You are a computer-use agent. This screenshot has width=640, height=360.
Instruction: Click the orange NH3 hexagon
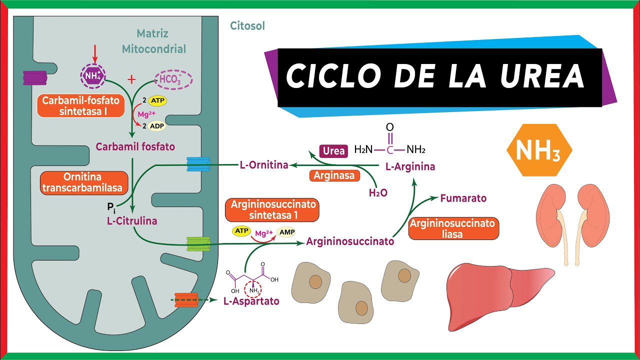539,150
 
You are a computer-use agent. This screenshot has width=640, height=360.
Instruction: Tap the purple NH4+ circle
92,76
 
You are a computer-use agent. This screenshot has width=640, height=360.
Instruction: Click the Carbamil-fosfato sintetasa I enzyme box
80,106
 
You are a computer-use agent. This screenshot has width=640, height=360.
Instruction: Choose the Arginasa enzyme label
334,175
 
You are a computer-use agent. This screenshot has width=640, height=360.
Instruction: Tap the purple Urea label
334,150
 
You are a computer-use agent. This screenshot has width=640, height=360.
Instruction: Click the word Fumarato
463,198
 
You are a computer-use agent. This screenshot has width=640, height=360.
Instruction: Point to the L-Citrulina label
132,220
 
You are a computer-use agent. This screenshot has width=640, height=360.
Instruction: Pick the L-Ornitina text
264,165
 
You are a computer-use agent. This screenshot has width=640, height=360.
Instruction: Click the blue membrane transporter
198,164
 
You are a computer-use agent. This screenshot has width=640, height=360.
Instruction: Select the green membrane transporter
198,244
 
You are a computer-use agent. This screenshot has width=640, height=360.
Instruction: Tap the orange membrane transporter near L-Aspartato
186,300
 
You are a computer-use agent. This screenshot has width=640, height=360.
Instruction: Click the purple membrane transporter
34,77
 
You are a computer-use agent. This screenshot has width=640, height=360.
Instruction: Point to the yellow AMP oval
286,232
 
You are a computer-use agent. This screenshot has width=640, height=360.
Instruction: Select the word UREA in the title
540,76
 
